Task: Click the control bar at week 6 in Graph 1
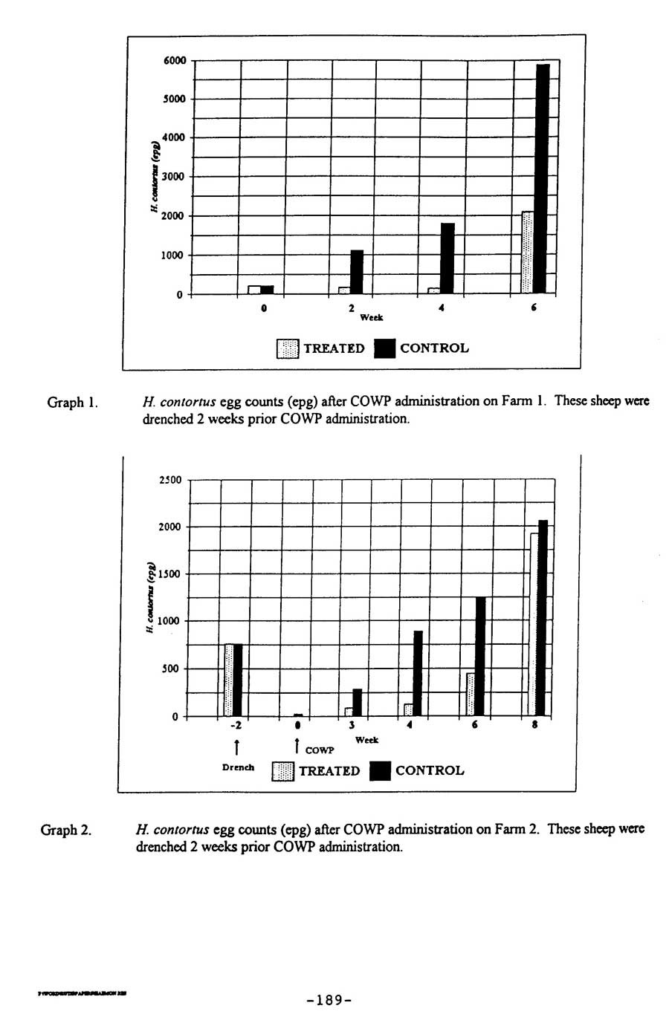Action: (543, 178)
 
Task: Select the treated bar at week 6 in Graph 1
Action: (528, 253)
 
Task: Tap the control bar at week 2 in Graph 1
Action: (357, 272)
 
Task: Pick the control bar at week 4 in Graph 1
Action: (447, 258)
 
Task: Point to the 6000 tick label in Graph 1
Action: (175, 60)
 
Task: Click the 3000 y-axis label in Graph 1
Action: (175, 177)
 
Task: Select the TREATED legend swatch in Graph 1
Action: (287, 348)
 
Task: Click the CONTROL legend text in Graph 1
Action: (434, 348)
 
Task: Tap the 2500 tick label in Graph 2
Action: (170, 480)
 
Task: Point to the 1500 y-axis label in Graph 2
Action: (170, 574)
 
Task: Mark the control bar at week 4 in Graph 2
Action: (418, 673)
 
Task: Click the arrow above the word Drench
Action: (236, 747)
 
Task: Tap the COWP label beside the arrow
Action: (320, 751)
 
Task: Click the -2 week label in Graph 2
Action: (236, 726)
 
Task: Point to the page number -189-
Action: (328, 1000)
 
